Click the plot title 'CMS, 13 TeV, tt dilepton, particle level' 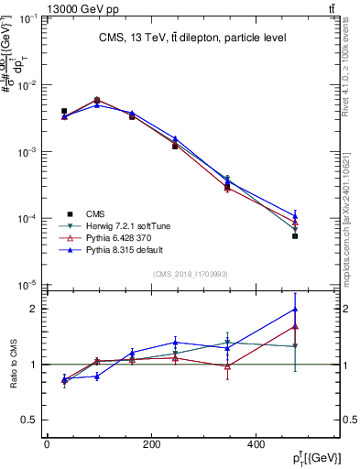pos(191,38)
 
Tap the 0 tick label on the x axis pos(47,445)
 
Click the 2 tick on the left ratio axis pos(33,309)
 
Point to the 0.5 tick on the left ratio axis pos(28,420)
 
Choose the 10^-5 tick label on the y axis pos(27,286)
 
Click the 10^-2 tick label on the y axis pos(27,85)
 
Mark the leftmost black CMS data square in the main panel pos(64,111)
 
